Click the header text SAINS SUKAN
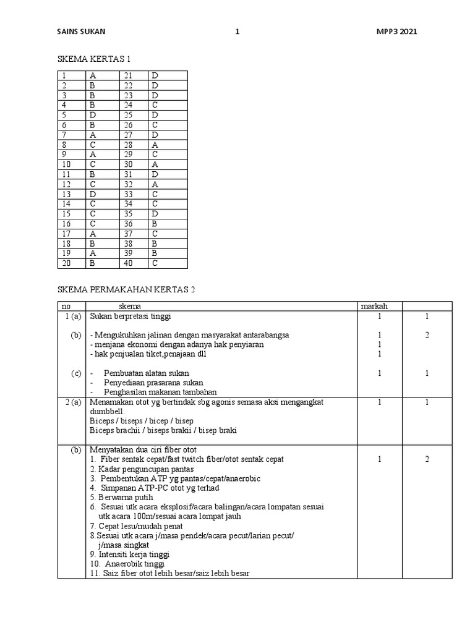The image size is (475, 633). (85, 32)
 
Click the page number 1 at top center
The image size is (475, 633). (237, 32)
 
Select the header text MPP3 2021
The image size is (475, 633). (396, 32)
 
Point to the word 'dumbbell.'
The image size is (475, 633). (107, 411)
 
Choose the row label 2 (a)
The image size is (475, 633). (74, 402)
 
